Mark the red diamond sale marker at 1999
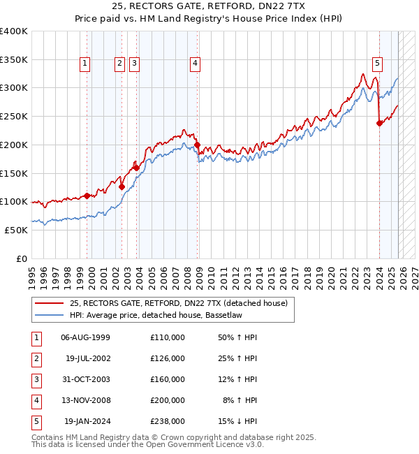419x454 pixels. click(87, 196)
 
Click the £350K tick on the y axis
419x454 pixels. click(14, 59)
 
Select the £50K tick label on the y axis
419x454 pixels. click(17, 230)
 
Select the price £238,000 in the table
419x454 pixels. click(167, 421)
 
